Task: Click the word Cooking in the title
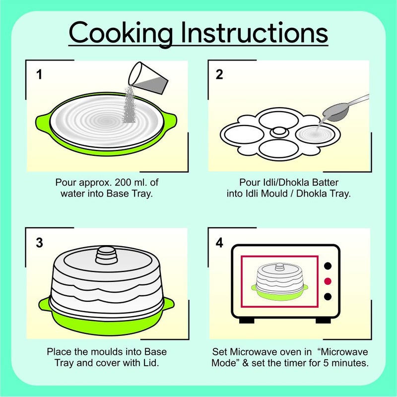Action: pyautogui.click(x=122, y=33)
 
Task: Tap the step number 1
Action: pyautogui.click(x=39, y=75)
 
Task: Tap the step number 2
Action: pyautogui.click(x=219, y=75)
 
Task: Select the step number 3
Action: pyautogui.click(x=39, y=243)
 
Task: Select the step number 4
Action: pyautogui.click(x=219, y=243)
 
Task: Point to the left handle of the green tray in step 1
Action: pyautogui.click(x=43, y=121)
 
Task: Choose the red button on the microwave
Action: pyautogui.click(x=328, y=281)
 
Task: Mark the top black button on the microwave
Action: pyautogui.click(x=328, y=266)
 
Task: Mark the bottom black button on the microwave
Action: pyautogui.click(x=328, y=297)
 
